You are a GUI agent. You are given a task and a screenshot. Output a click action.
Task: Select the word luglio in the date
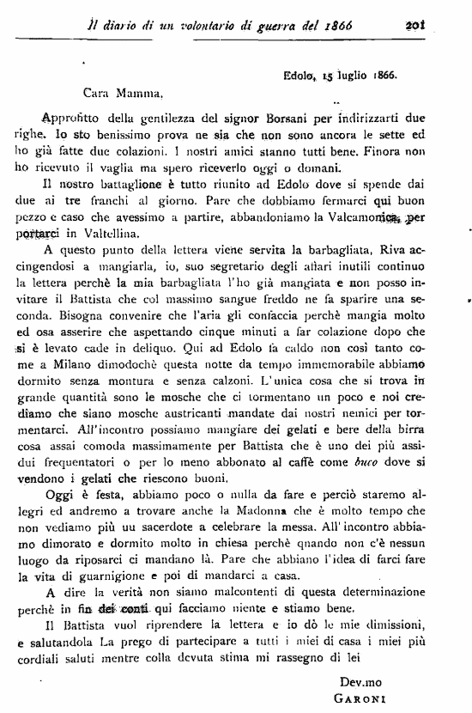click(352, 76)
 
